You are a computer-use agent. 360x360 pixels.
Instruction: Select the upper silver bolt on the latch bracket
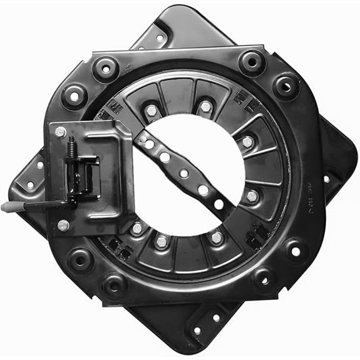click(x=61, y=131)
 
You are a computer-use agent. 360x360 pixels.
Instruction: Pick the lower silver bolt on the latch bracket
click(x=63, y=225)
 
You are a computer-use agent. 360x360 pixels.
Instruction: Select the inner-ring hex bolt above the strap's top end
click(x=151, y=111)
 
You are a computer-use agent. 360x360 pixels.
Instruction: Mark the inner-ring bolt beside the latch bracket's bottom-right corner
click(x=136, y=229)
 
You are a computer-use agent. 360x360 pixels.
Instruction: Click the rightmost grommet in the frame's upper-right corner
click(x=286, y=85)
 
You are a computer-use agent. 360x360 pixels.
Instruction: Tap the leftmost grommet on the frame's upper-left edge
click(x=74, y=96)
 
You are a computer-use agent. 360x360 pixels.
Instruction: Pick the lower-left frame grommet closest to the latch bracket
click(x=80, y=257)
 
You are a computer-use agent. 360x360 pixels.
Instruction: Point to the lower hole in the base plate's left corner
click(x=29, y=185)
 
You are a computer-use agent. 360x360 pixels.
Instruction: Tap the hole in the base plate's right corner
click(x=326, y=178)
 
